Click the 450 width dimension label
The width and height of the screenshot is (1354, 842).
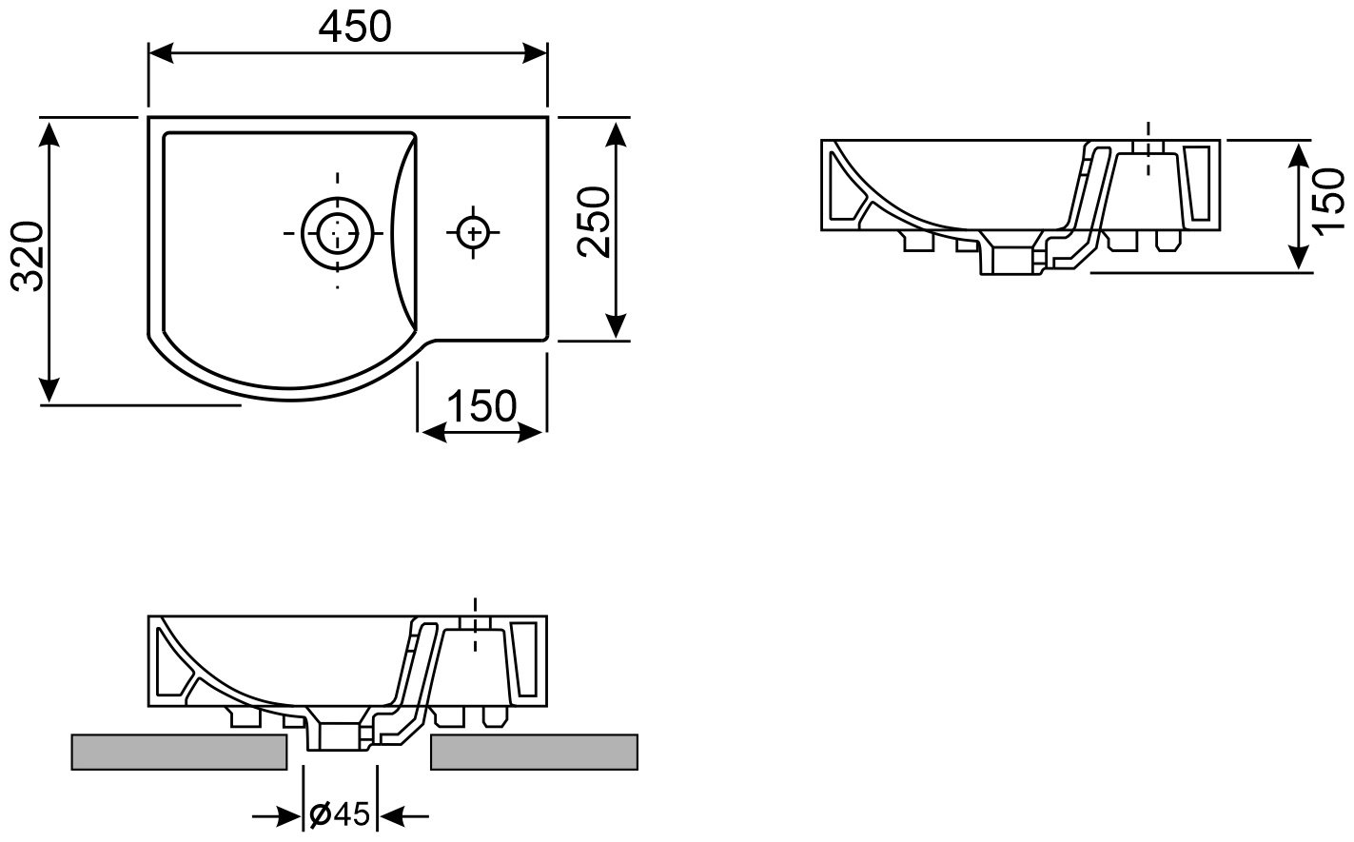pyautogui.click(x=355, y=28)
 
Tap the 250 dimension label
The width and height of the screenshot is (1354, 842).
pyautogui.click(x=594, y=222)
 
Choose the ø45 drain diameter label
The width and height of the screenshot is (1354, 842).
pyautogui.click(x=339, y=814)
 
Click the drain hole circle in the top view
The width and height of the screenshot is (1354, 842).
pyautogui.click(x=337, y=233)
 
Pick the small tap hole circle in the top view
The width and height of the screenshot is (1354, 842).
pyautogui.click(x=473, y=233)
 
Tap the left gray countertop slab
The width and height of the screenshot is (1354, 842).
pyautogui.click(x=179, y=752)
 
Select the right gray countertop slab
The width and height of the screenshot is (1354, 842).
pyautogui.click(x=534, y=752)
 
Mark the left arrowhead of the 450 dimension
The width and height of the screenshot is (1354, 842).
pyautogui.click(x=161, y=52)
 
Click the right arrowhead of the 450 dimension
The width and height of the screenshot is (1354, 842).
pyautogui.click(x=535, y=52)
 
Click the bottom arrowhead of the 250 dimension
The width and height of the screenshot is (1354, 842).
pyautogui.click(x=616, y=327)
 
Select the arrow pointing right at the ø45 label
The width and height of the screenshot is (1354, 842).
pyautogui.click(x=277, y=817)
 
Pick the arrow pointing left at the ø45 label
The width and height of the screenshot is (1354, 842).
pyautogui.click(x=403, y=817)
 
